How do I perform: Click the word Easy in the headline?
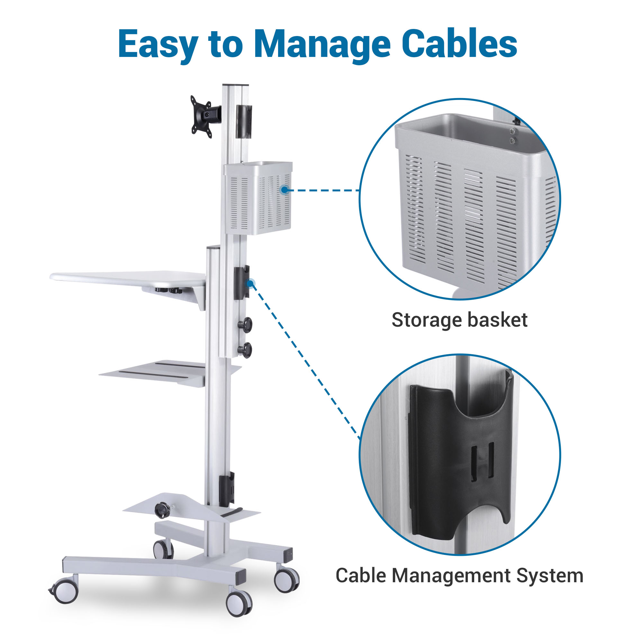(x=158, y=44)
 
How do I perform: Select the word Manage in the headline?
(x=322, y=44)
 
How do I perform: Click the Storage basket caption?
(x=459, y=320)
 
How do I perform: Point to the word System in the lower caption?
(x=549, y=575)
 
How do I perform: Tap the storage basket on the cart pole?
(x=258, y=198)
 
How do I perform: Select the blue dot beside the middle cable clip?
(x=250, y=283)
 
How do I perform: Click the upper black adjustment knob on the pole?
(x=246, y=324)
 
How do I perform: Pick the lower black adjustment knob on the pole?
(x=246, y=350)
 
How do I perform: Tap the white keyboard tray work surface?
(x=128, y=277)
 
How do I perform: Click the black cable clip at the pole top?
(x=244, y=122)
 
